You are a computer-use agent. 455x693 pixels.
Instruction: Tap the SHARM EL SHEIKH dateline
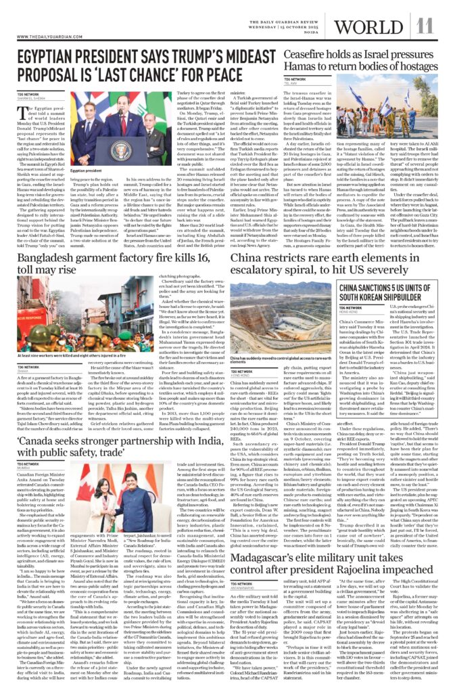click(31, 97)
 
